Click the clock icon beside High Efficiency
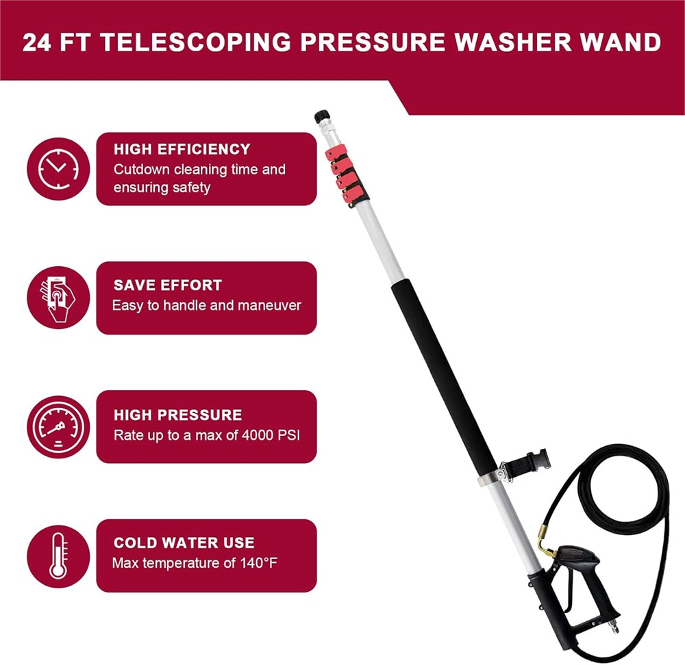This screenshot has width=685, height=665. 58,169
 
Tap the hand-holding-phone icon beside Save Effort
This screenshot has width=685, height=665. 58,298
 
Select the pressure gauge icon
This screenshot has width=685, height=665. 58,427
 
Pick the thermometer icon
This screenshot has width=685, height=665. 58,556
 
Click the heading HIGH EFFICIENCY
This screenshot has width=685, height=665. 182,149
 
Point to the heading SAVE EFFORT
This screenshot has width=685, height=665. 168,285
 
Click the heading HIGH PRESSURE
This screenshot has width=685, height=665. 178,415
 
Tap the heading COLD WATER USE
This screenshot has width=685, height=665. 184,543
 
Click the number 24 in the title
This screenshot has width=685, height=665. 37,42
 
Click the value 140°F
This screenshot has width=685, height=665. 259,562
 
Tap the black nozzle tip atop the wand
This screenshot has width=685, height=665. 322,117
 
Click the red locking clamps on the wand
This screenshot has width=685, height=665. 345,173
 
